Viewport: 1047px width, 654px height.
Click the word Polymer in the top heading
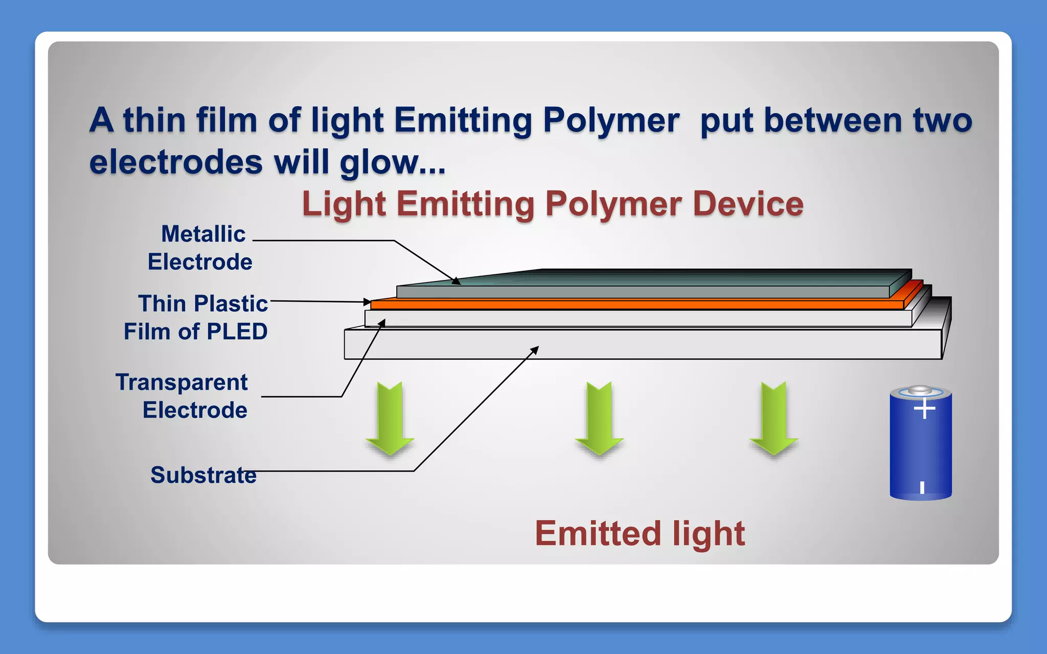(611, 121)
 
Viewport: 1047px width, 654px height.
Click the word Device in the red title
(748, 204)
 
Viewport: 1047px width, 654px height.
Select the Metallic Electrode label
(200, 248)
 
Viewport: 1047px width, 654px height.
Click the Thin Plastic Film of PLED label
(196, 317)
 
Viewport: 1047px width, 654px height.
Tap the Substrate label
(203, 475)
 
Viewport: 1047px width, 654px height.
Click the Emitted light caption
(640, 533)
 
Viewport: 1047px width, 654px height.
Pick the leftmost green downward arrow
(390, 419)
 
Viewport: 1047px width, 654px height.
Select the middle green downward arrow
(599, 419)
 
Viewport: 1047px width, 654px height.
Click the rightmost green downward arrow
(774, 419)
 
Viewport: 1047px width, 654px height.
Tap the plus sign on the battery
(924, 409)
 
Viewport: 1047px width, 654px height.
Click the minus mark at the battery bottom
(922, 487)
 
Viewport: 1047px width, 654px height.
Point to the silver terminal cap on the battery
(920, 390)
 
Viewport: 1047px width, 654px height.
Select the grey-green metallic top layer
(639, 292)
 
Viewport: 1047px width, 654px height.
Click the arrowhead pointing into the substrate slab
(535, 349)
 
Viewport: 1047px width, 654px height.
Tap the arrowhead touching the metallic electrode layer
(456, 281)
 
